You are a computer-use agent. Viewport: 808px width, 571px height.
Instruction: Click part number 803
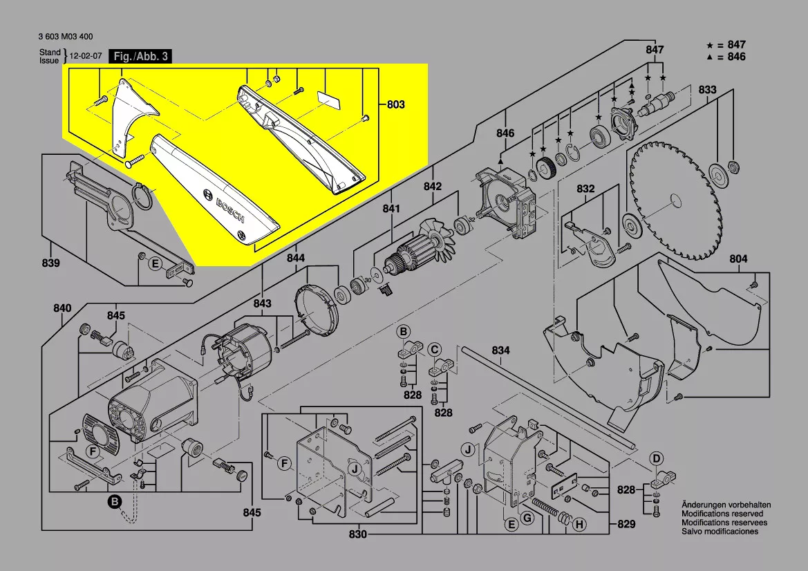[395, 105]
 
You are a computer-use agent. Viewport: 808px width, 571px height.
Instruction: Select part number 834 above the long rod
[500, 351]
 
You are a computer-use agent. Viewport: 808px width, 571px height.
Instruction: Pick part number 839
[50, 263]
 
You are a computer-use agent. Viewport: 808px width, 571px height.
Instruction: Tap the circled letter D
[657, 457]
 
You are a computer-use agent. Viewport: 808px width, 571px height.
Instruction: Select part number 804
[738, 259]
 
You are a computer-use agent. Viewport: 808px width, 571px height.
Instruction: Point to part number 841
[391, 209]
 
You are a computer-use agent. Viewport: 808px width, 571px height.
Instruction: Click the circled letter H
[579, 525]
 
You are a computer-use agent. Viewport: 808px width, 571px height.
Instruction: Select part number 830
[358, 534]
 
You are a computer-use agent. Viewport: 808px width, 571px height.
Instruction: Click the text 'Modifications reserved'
[722, 514]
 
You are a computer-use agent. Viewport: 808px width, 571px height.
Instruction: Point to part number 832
[585, 188]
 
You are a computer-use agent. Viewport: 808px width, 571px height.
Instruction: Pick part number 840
[63, 308]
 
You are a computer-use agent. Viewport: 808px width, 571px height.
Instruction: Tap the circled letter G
[527, 518]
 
